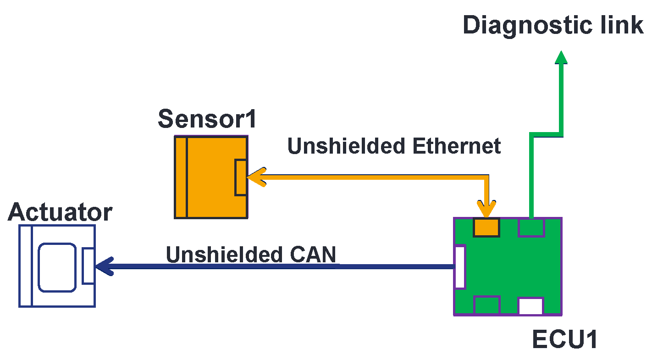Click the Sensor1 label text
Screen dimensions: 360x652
click(207, 120)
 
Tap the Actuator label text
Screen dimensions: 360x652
click(60, 212)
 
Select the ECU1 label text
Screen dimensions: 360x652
click(564, 340)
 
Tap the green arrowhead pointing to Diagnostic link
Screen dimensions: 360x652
click(561, 57)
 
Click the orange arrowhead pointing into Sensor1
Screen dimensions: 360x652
click(257, 177)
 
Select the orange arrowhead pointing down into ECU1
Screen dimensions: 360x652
click(486, 209)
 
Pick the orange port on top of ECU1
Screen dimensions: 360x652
click(486, 227)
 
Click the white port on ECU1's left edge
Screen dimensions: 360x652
click(459, 267)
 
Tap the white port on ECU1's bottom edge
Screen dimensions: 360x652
click(530, 306)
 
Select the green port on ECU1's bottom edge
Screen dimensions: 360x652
click(486, 305)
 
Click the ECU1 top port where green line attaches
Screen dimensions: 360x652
click(530, 227)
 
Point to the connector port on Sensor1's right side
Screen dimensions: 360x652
click(241, 177)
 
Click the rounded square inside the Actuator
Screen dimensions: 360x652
click(57, 267)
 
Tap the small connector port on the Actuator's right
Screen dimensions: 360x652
click(88, 266)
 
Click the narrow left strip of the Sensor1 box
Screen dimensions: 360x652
click(181, 177)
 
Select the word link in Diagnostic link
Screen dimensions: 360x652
click(622, 25)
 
